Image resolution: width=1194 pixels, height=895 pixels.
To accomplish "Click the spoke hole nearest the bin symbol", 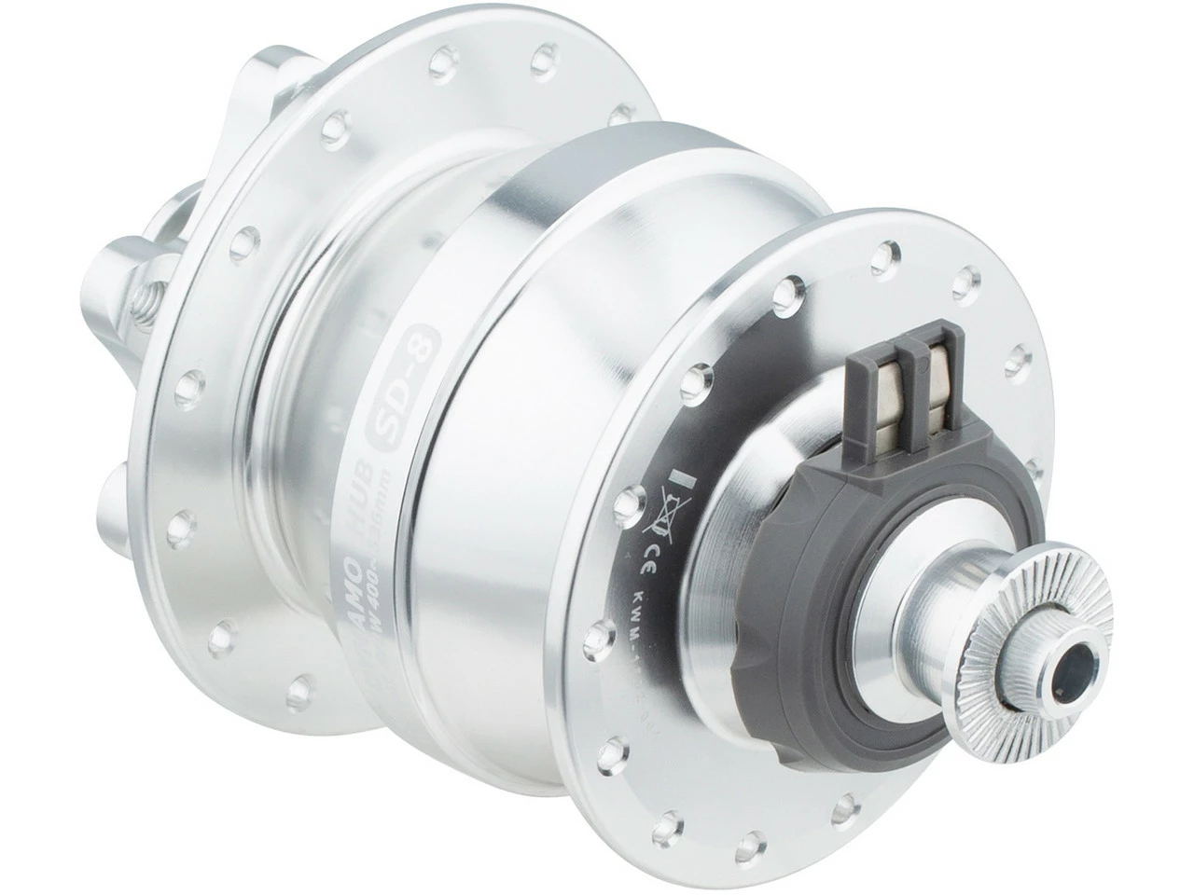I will point(636,499).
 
